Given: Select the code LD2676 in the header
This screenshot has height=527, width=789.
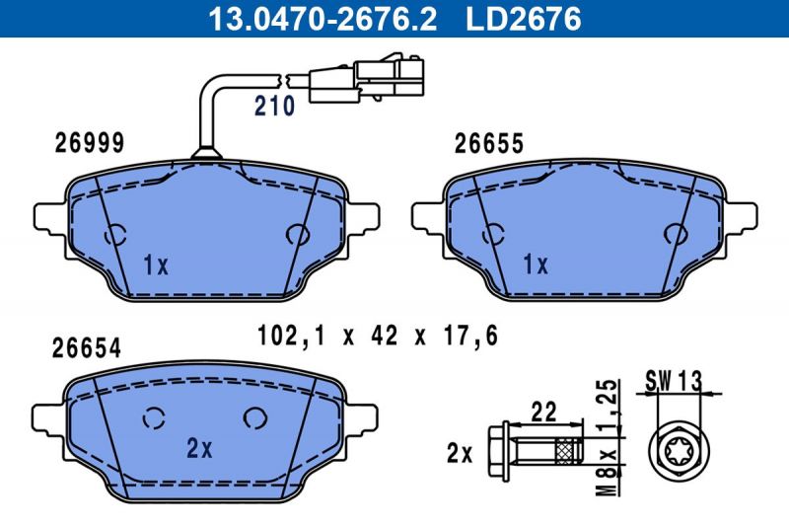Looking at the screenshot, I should pos(522,17).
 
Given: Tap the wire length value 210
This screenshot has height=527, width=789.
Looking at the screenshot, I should pos(275,107).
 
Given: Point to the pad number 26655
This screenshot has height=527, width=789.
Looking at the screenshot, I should pos(488,144).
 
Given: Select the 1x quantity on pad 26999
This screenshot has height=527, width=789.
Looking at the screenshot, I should pos(156,265).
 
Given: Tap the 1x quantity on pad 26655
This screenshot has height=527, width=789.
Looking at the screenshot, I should pos(534,264).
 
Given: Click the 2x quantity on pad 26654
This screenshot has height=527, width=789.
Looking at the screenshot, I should pos(199,448).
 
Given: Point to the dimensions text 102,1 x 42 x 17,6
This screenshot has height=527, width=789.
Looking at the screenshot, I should pos(378,336).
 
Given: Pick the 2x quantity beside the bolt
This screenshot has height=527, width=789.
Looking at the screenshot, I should pos(460,455).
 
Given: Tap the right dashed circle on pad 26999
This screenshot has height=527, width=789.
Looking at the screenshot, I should pos(297,234).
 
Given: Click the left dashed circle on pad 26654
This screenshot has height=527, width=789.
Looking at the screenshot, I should pos(153,418).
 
